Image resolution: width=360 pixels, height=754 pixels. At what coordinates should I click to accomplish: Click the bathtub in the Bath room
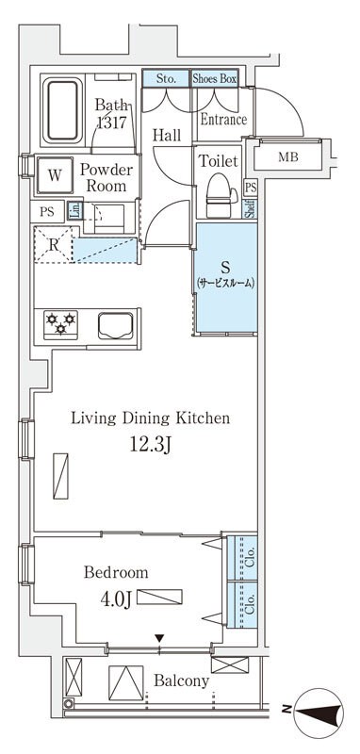point(61,111)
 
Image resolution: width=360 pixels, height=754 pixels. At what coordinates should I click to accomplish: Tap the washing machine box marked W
point(55,175)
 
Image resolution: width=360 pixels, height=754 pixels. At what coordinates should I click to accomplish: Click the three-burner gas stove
point(60,324)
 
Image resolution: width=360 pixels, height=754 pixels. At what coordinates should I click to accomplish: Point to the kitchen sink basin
point(115,325)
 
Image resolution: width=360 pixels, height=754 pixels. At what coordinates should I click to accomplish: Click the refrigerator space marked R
point(54,245)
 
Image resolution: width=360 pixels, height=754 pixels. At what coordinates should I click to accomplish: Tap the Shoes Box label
point(214,79)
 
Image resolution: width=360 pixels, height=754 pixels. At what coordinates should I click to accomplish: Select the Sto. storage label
point(166,79)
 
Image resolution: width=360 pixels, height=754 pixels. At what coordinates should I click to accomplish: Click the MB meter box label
point(288,157)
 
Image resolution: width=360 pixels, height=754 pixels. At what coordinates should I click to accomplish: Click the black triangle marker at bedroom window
point(159,639)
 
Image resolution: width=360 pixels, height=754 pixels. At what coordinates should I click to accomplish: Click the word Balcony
point(181,680)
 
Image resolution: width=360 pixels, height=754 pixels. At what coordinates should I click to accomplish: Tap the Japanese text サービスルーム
point(224,284)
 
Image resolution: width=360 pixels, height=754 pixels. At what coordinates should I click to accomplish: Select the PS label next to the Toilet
point(251,188)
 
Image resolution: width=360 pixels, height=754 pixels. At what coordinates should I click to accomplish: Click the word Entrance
point(223,120)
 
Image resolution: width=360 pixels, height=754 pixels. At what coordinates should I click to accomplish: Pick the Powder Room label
point(106,178)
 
